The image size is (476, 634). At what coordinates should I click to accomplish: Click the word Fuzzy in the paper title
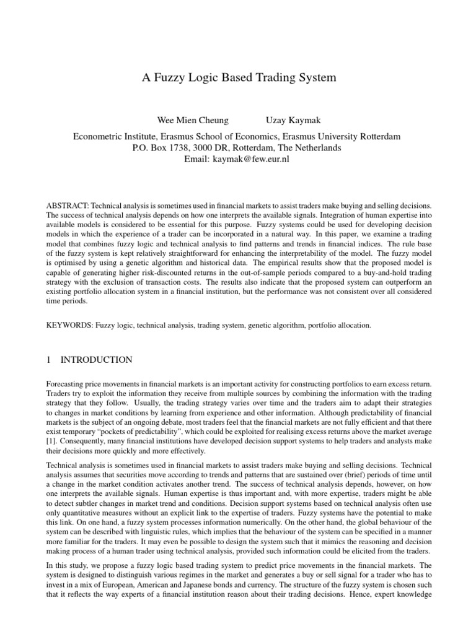tap(171, 78)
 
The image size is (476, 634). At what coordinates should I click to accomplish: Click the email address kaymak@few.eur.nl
tap(254, 159)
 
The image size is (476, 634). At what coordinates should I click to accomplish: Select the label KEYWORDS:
tap(70, 324)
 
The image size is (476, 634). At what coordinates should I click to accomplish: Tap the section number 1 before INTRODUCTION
tap(49, 359)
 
